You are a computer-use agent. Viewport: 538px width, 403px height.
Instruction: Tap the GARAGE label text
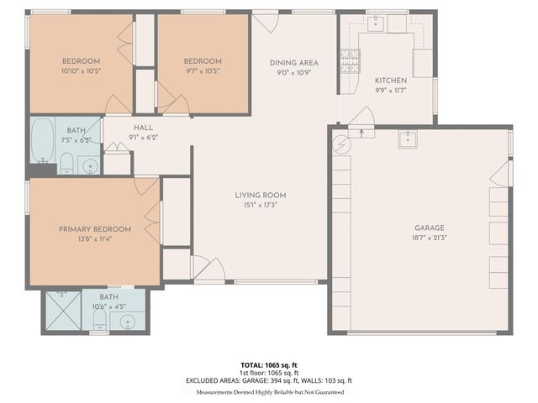429,228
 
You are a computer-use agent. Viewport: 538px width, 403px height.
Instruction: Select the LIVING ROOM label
260,196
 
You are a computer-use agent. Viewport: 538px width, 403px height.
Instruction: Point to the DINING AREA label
293,63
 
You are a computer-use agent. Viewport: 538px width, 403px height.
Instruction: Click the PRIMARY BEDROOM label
94,229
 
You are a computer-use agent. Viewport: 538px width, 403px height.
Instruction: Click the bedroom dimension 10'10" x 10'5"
82,71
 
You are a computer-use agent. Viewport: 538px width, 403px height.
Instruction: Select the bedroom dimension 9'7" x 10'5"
203,71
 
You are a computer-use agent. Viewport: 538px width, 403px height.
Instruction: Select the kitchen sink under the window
376,23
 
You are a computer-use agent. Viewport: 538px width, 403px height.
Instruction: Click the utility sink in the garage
408,138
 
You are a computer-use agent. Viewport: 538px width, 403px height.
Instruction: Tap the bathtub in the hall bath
43,139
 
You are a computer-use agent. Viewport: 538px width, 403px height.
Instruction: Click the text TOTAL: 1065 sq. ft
269,365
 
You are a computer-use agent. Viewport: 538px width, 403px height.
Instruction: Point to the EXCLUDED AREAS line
269,380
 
